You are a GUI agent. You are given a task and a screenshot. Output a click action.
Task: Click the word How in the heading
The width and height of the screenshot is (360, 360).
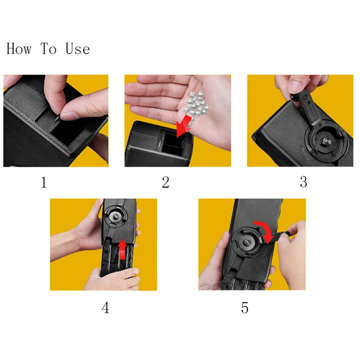click(19, 49)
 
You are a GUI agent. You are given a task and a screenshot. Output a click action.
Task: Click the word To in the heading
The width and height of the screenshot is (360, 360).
click(49, 49)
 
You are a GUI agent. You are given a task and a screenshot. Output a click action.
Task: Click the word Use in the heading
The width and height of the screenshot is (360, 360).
click(77, 49)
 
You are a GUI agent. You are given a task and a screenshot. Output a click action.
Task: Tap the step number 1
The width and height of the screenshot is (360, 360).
click(44, 183)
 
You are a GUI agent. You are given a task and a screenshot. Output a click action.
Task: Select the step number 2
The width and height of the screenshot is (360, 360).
click(166, 183)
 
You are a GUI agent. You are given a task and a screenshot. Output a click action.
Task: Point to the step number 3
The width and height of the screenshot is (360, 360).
click(303, 182)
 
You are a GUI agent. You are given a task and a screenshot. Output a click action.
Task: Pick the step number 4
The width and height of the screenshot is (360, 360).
click(105, 308)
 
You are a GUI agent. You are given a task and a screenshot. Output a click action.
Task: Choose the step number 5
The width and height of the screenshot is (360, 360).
click(245, 308)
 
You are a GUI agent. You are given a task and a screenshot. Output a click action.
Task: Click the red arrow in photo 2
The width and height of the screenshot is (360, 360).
click(184, 126)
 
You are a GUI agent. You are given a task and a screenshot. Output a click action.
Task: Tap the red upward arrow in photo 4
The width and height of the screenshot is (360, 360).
click(123, 250)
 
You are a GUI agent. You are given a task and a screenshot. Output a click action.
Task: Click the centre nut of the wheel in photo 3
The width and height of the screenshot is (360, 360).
click(326, 140)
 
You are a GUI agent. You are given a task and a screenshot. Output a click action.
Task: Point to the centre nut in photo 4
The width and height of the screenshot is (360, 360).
click(116, 216)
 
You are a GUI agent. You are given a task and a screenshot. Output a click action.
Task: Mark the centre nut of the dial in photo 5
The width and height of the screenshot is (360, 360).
click(247, 243)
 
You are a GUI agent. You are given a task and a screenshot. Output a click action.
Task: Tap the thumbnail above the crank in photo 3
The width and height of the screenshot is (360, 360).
click(294, 87)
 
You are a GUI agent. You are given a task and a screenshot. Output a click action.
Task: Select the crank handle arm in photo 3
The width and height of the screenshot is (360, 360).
click(309, 108)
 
